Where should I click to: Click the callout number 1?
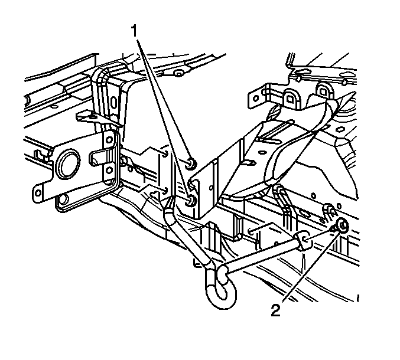(x=134, y=32)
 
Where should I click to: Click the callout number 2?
(x=275, y=310)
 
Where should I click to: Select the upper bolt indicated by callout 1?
(x=191, y=163)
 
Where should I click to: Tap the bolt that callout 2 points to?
(x=342, y=225)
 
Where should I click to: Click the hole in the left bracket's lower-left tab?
(x=38, y=193)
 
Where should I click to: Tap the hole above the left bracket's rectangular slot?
(x=109, y=140)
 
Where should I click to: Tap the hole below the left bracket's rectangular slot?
(x=110, y=170)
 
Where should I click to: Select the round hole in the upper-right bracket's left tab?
(x=255, y=97)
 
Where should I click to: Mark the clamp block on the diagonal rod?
(x=303, y=241)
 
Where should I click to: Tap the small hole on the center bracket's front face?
(x=211, y=188)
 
